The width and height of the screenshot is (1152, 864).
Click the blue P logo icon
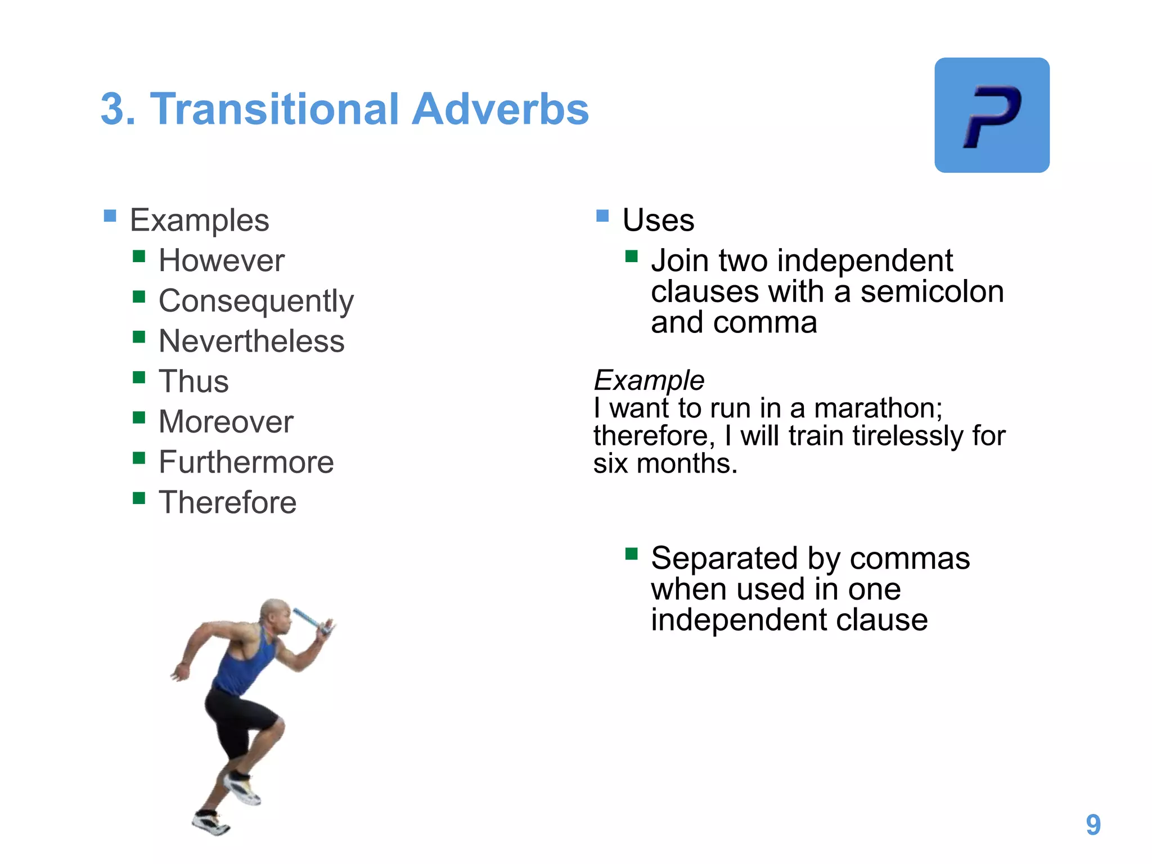point(992,115)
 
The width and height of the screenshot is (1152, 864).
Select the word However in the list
point(222,261)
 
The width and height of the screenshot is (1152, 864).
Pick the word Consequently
point(256,301)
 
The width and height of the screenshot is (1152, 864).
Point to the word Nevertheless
point(251,341)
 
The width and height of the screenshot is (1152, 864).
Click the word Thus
point(193,382)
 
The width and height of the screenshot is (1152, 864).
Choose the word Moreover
point(226,422)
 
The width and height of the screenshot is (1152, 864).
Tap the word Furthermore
point(246,462)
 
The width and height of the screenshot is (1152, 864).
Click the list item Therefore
point(227,502)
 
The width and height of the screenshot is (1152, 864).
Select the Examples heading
point(199,220)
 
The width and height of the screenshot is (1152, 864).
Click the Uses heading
point(658,220)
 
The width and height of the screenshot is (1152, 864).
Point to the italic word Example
point(649,381)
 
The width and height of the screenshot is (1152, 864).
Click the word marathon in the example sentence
point(877,408)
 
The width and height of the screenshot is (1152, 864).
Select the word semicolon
point(932,292)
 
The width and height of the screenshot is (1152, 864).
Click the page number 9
point(1093,825)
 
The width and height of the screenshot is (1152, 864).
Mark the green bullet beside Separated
point(631,554)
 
